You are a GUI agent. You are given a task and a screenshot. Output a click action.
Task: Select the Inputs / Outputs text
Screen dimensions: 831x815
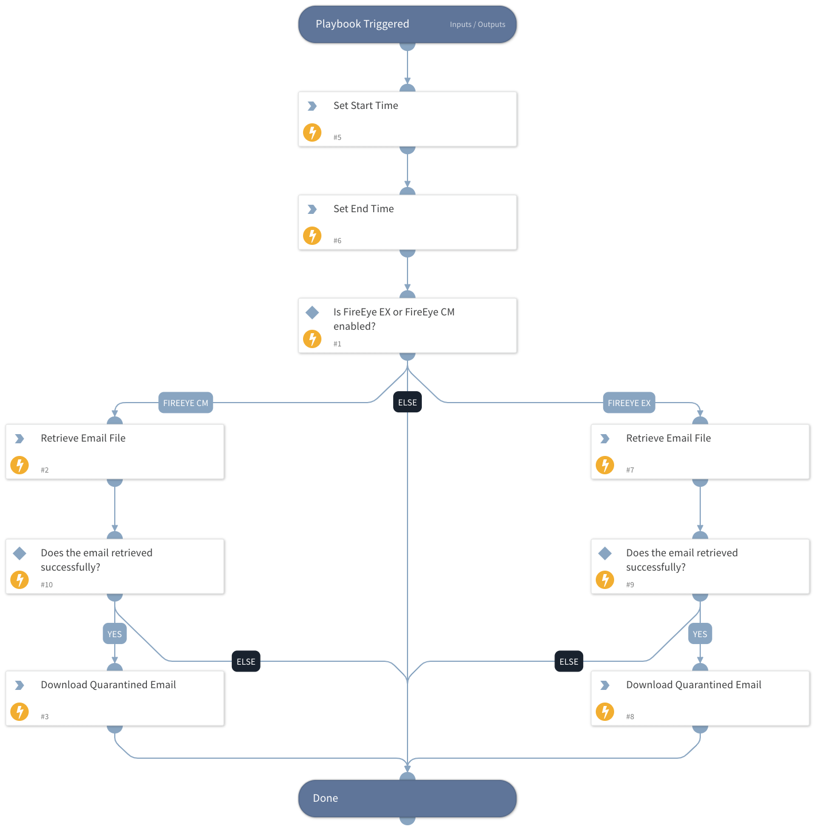click(x=477, y=25)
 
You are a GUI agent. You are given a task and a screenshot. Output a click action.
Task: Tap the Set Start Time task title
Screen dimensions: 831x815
click(x=366, y=106)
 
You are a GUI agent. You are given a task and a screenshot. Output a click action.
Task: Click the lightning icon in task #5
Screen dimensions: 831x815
click(x=312, y=132)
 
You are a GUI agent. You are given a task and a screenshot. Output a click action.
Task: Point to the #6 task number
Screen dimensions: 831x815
click(x=337, y=241)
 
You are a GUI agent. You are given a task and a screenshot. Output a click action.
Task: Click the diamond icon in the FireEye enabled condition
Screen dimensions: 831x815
click(x=312, y=313)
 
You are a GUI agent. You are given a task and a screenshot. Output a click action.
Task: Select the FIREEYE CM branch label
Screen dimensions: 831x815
click(x=185, y=403)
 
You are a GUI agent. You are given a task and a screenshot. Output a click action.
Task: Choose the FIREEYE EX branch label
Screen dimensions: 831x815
click(x=629, y=403)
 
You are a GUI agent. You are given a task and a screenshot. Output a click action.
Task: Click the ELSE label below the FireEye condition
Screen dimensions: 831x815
click(x=407, y=403)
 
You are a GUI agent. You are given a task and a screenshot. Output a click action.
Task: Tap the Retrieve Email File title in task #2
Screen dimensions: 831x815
click(x=83, y=438)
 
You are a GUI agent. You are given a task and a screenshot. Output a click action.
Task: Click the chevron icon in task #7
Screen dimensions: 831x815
click(x=605, y=439)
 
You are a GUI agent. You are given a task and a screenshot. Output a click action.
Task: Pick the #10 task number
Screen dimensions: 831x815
click(x=46, y=585)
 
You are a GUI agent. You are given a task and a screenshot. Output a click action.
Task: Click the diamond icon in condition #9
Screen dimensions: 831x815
click(x=605, y=553)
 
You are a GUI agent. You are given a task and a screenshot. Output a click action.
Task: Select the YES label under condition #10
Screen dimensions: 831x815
click(x=115, y=634)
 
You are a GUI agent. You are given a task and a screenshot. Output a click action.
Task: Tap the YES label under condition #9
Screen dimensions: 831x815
click(x=700, y=634)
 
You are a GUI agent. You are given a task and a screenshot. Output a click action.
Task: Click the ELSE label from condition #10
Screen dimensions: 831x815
click(x=246, y=662)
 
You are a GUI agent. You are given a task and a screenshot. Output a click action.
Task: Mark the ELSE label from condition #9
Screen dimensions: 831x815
click(x=569, y=662)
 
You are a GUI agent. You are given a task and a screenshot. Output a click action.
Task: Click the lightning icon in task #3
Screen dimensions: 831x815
click(x=20, y=712)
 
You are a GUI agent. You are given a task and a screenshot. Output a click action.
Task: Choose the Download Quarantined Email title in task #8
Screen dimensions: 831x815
click(x=693, y=685)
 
